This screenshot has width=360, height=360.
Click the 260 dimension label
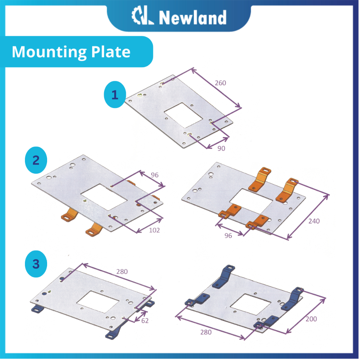(x=221, y=83)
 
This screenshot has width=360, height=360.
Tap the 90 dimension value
(x=221, y=148)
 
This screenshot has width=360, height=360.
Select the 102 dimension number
(x=154, y=230)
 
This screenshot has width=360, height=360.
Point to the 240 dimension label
(x=314, y=221)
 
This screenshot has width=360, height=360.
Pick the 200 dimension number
(x=311, y=319)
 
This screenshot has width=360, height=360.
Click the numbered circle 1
(x=115, y=95)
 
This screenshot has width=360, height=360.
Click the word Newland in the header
(x=192, y=18)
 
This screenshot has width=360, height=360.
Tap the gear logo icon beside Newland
(x=143, y=17)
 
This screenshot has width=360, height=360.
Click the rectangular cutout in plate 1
(x=184, y=115)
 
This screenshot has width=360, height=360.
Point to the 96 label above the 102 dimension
(x=154, y=175)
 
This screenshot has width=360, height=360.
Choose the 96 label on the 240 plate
(x=228, y=236)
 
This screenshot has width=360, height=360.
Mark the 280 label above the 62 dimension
(x=122, y=271)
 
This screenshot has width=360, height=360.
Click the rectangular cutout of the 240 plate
(x=250, y=201)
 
